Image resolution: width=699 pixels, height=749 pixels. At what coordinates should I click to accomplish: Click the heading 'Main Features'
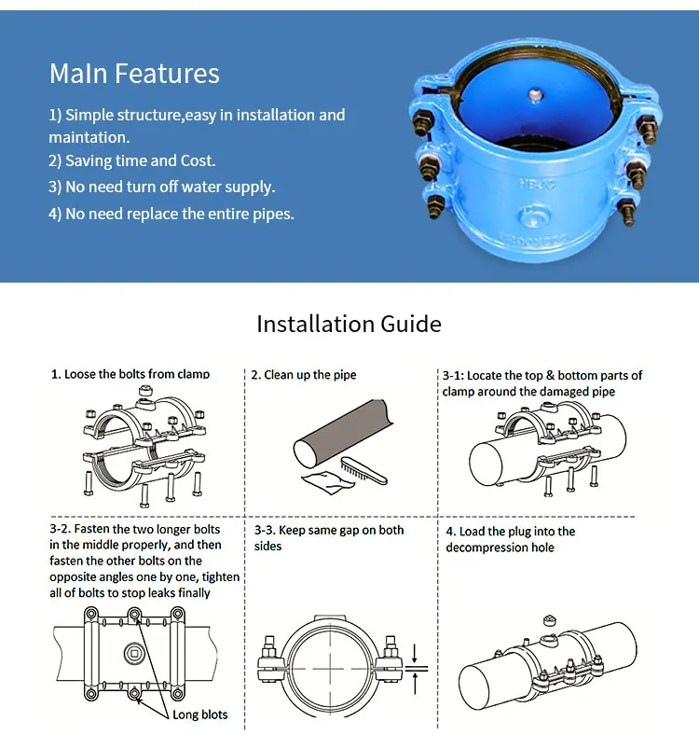[134, 74]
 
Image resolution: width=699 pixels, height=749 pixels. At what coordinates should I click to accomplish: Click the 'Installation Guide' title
[349, 324]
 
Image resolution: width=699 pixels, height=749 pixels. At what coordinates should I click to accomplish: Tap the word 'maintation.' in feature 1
[89, 137]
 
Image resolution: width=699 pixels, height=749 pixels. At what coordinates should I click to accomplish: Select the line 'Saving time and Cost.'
[131, 160]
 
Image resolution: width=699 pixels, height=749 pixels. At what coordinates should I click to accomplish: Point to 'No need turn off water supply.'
[161, 187]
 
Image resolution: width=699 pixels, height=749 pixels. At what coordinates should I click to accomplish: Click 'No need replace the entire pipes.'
[171, 214]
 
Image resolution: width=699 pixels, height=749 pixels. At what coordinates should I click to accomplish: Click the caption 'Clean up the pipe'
[303, 375]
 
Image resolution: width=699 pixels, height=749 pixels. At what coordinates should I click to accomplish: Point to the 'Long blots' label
[199, 715]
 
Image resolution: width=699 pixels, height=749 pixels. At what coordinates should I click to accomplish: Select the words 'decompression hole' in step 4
[500, 548]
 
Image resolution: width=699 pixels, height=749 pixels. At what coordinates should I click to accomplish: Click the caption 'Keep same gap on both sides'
[329, 537]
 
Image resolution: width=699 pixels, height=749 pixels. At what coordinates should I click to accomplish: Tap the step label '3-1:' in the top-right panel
[453, 375]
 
